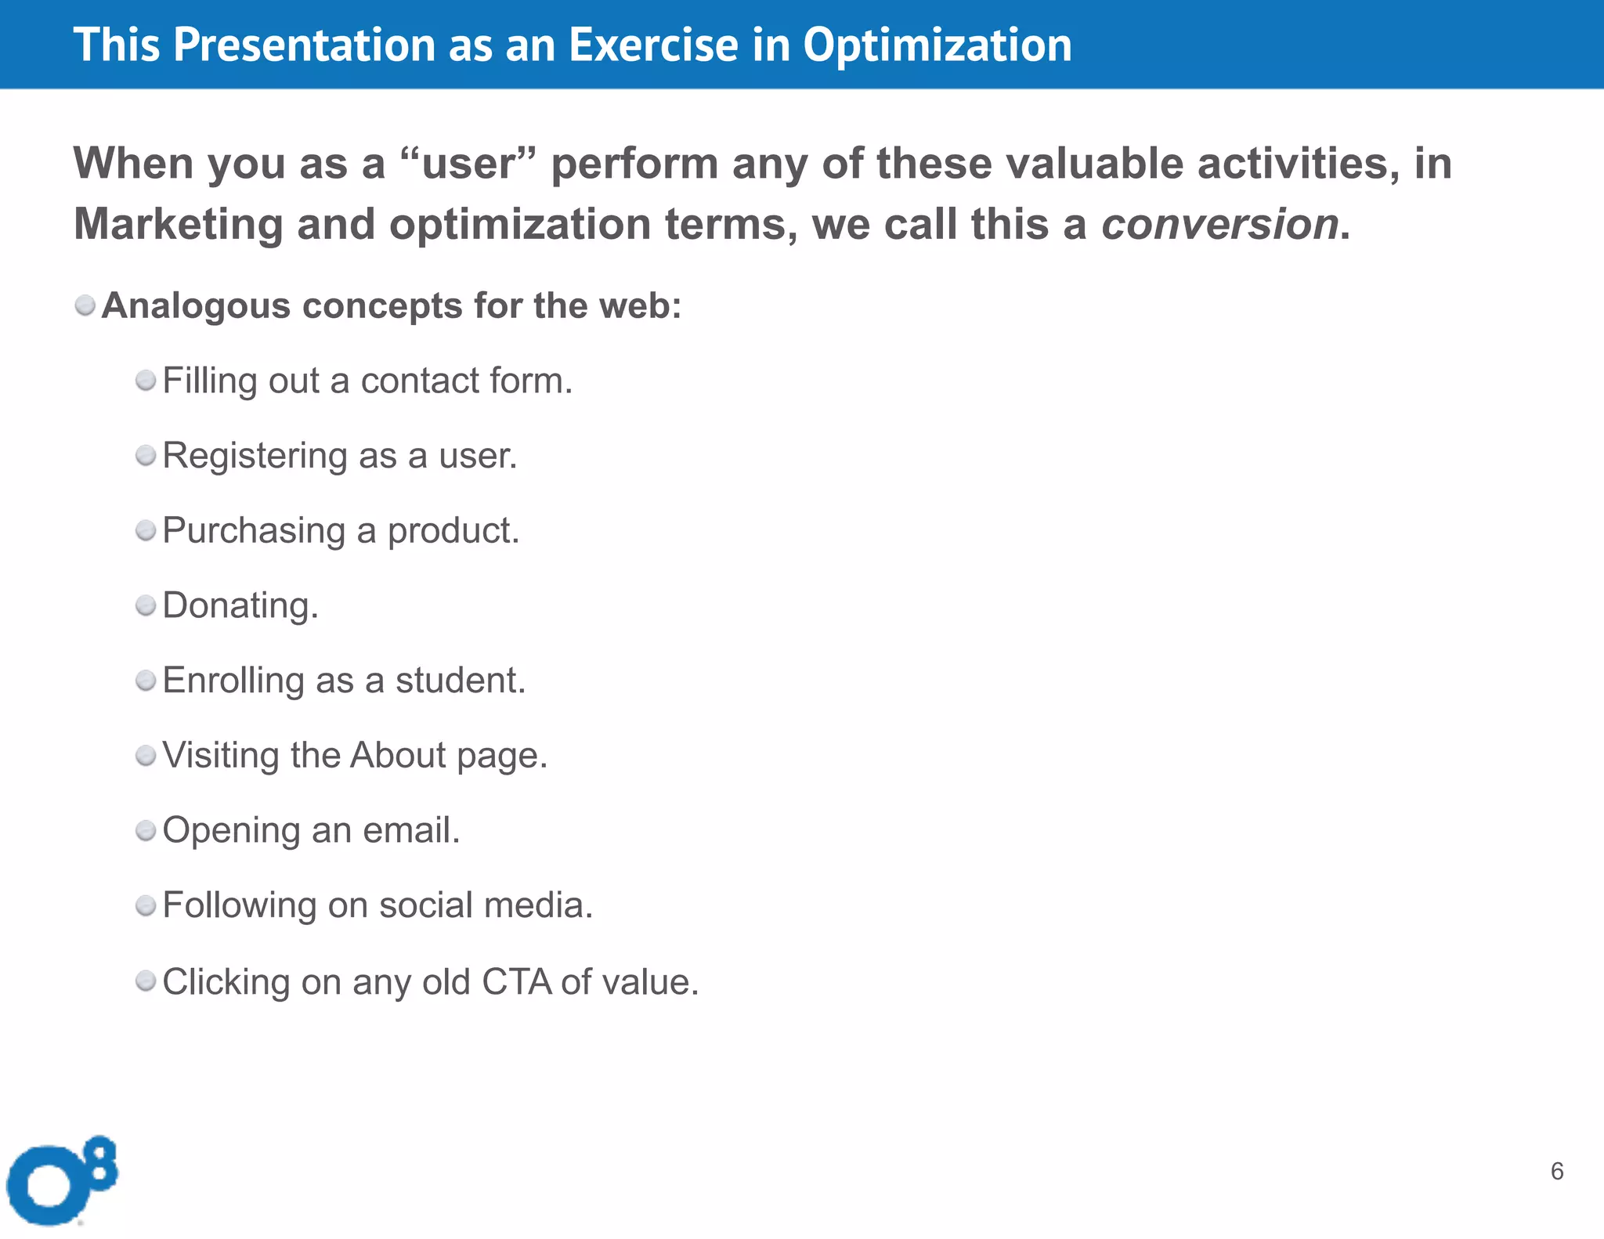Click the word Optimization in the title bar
[x=937, y=45]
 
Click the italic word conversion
[x=1219, y=225]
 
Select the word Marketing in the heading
[x=178, y=225]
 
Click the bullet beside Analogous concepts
[x=85, y=305]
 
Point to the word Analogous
[x=196, y=306]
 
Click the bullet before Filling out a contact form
[x=146, y=381]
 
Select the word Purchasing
[x=254, y=531]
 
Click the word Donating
[x=240, y=605]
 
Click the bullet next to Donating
[x=146, y=605]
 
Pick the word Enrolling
[x=233, y=681]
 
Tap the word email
[x=410, y=830]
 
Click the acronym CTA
[x=516, y=981]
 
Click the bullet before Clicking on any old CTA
[x=146, y=981]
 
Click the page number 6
[x=1556, y=1171]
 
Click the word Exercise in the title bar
[x=653, y=45]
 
